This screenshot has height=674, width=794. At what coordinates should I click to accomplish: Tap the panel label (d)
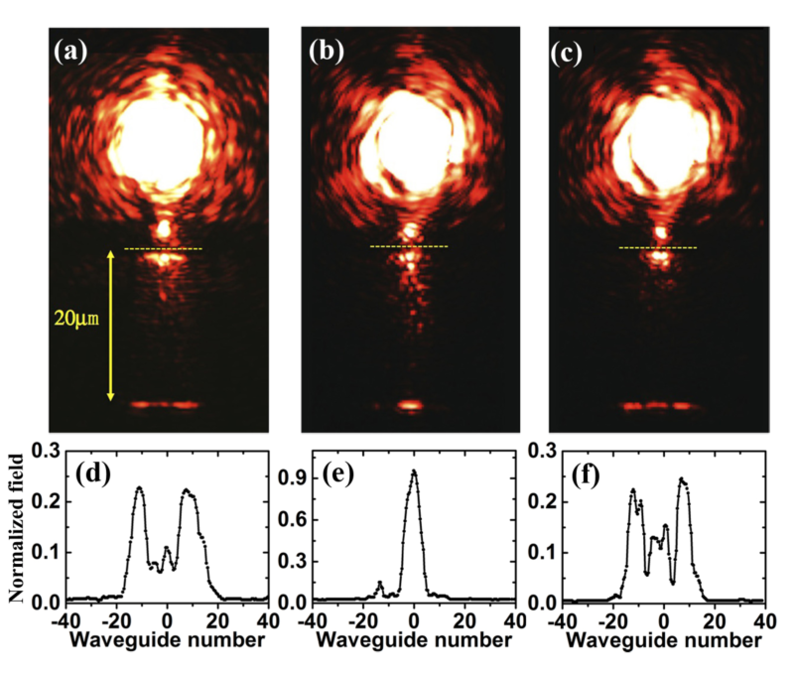94,472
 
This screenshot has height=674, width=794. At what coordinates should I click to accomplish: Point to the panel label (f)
590,472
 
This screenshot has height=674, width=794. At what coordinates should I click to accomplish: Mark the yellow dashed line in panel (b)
409,246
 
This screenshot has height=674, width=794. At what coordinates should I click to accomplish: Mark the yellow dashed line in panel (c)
657,247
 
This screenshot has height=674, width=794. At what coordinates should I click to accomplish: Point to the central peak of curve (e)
414,472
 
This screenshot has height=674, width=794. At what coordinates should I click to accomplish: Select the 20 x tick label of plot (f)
714,621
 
